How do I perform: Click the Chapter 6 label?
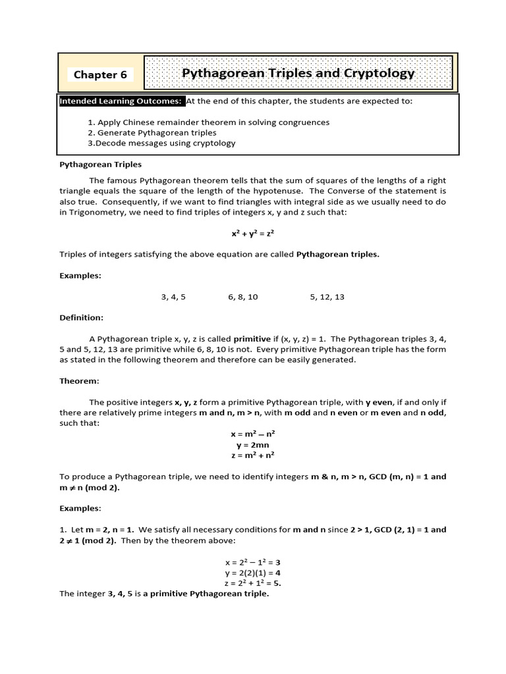[x=100, y=74]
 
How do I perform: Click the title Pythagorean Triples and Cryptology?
[x=298, y=73]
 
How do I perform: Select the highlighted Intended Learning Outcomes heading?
[x=121, y=101]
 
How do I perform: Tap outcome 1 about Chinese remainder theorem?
[x=208, y=122]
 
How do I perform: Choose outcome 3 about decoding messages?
[x=161, y=143]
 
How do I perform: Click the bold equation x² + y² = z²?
[x=253, y=234]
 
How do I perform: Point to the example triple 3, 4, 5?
[x=173, y=297]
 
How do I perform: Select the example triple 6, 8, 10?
[x=243, y=297]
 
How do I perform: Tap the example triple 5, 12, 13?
[x=327, y=297]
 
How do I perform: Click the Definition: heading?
[x=82, y=318]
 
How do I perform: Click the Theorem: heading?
[x=79, y=381]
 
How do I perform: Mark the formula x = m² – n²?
[x=253, y=434]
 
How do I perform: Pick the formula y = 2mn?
[x=253, y=445]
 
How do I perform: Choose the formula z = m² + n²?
[x=253, y=455]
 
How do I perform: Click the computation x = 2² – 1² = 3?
[x=253, y=562]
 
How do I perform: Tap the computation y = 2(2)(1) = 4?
[x=253, y=573]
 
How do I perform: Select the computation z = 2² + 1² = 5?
[x=253, y=583]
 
